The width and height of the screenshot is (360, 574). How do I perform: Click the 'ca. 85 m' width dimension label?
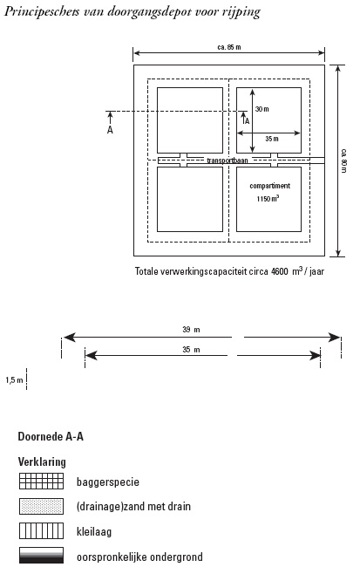point(229,47)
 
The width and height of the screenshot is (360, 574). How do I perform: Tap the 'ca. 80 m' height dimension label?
point(343,161)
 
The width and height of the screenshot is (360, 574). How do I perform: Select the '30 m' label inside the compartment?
point(262,109)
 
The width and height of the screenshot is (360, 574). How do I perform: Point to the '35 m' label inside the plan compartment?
point(272,139)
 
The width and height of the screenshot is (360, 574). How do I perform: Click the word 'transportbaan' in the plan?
point(228,161)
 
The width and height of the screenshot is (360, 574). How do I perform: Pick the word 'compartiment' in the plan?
point(269,186)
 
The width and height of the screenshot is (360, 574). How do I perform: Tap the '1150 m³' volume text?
point(268,198)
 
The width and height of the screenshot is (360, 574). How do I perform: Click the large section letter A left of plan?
point(110,130)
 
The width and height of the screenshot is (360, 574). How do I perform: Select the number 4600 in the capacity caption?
point(280,271)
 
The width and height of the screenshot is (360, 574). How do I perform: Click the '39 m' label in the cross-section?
point(191,330)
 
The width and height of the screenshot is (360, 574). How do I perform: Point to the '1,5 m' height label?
point(14,380)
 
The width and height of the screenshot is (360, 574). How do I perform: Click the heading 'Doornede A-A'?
point(51,436)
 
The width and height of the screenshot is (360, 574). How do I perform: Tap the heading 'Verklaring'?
point(42,461)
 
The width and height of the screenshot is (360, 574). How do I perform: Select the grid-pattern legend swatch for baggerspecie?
point(41,481)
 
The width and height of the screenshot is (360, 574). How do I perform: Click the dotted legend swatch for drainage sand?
point(41,506)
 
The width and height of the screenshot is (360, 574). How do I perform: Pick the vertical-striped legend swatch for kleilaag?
point(41,530)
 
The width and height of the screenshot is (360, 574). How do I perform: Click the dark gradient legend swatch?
point(41,556)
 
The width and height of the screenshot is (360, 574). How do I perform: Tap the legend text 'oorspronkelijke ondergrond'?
point(139,557)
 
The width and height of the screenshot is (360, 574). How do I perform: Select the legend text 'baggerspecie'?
point(108,482)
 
